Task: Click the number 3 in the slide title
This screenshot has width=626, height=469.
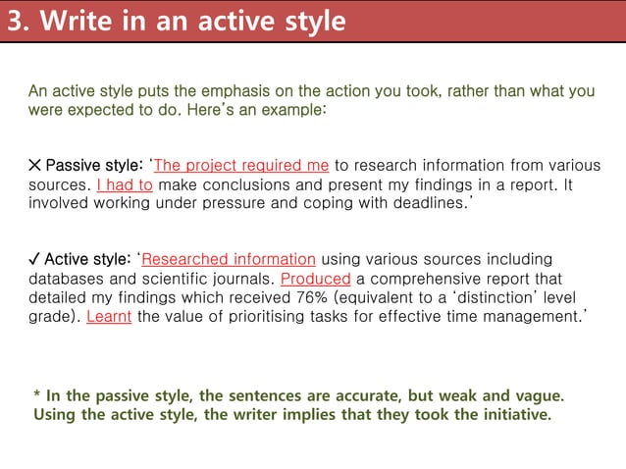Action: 16,21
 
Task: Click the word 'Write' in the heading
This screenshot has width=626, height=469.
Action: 76,21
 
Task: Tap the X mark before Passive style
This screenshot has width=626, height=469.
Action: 34,165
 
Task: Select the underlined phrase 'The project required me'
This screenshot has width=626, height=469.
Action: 241,165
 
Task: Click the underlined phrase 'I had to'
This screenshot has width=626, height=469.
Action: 125,183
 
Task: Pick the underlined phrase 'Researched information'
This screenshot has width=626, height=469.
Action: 229,259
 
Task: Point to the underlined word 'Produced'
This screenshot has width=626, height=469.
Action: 315,278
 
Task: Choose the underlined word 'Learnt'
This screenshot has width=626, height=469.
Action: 109,316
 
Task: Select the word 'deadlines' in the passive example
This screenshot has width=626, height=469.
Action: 423,202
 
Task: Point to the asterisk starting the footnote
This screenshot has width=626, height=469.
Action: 37,396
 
